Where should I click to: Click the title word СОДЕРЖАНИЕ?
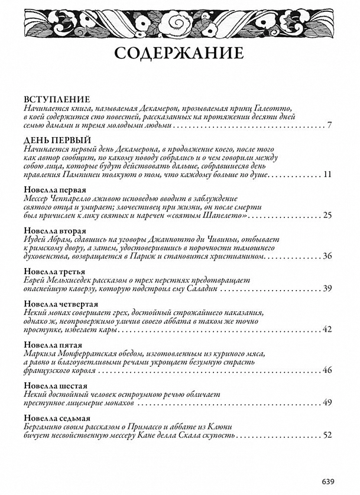[179, 53]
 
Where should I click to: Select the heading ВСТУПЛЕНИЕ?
[57, 99]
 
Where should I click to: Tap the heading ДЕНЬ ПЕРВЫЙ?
[57, 140]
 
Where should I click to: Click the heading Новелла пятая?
[53, 344]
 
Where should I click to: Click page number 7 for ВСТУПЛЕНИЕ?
[330, 125]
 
